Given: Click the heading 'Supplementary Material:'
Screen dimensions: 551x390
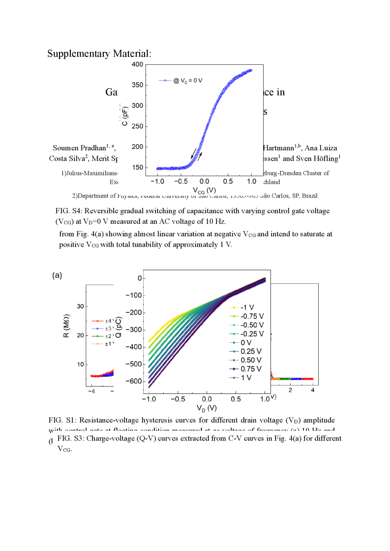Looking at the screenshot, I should (x=99, y=54).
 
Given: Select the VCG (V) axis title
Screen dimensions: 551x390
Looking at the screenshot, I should (x=204, y=190).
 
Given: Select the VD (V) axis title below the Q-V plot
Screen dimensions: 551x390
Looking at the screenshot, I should (x=205, y=408).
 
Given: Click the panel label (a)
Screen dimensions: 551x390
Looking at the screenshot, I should (x=57, y=275).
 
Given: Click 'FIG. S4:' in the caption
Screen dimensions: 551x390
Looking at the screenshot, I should (x=69, y=211).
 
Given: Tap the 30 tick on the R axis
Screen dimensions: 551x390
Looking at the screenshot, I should (x=80, y=307).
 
